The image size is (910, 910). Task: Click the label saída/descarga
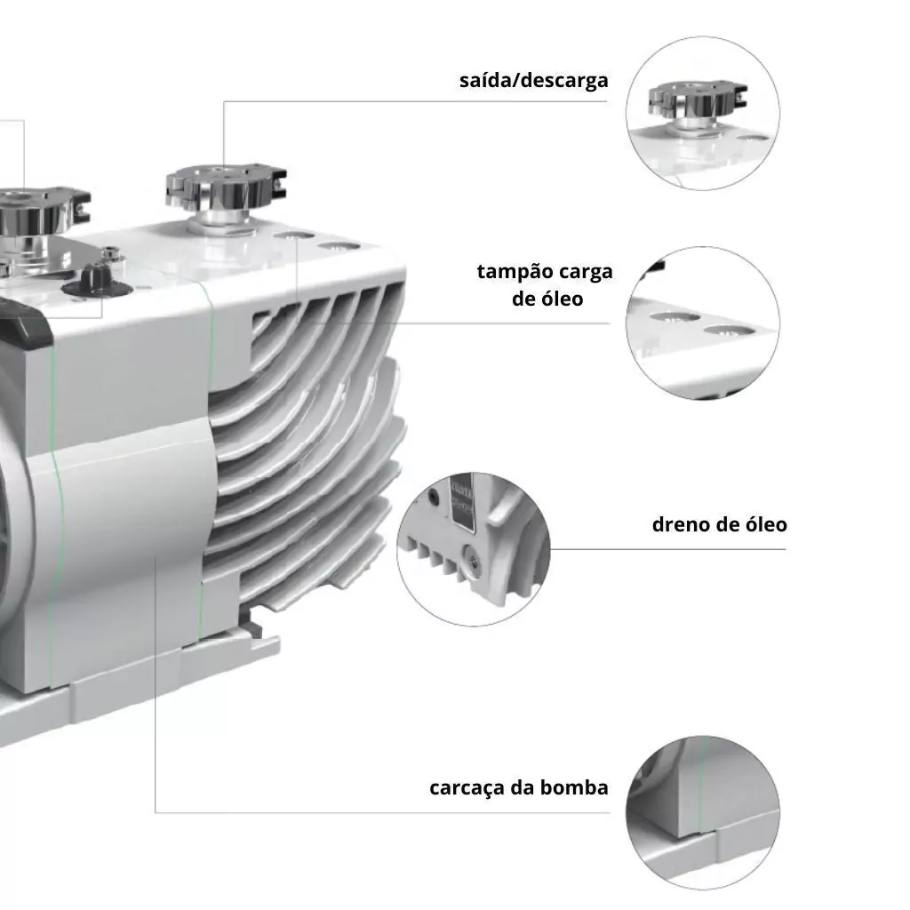coord(533,80)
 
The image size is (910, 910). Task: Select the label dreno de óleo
coord(720,524)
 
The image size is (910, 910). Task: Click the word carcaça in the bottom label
coord(467,787)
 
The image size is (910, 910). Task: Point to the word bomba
coord(574,787)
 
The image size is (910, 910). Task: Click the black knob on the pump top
coord(96,283)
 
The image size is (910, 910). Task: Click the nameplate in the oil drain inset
coord(462,502)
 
